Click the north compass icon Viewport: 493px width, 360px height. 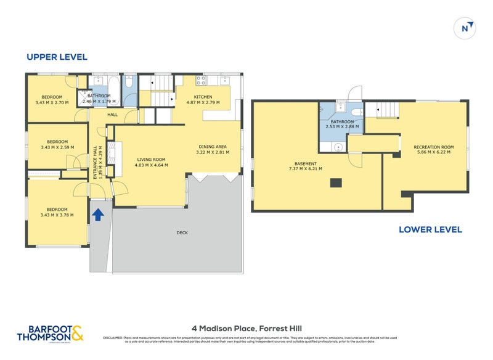click(467, 28)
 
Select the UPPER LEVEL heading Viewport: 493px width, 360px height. click(57, 57)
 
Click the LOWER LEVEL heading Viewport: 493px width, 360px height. click(430, 229)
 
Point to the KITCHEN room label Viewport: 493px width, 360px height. click(203, 97)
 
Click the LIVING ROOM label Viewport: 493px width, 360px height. click(151, 159)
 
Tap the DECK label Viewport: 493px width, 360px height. click(182, 232)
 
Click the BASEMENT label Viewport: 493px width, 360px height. click(306, 163)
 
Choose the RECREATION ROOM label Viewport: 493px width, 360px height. click(434, 147)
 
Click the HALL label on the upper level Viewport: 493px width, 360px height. click(112, 115)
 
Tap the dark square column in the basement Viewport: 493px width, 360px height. click(335, 182)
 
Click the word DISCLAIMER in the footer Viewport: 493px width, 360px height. click(113, 338)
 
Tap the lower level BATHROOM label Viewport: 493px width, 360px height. click(342, 121)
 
